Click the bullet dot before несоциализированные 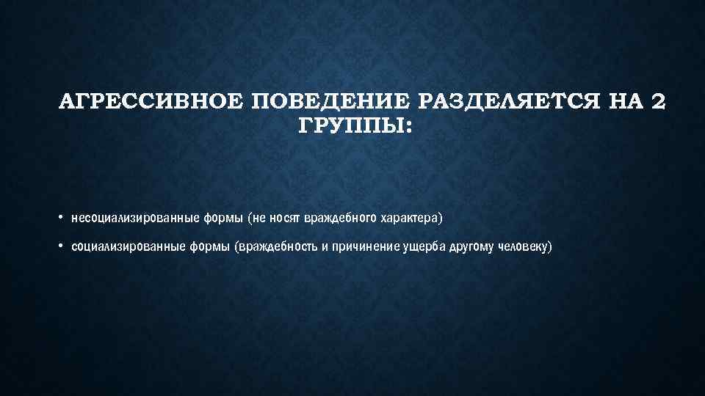62,218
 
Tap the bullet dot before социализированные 62,246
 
